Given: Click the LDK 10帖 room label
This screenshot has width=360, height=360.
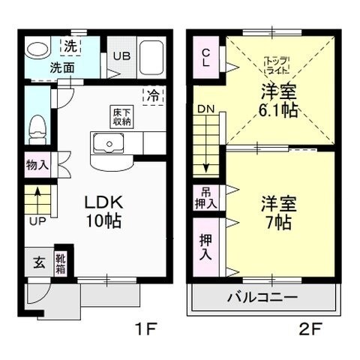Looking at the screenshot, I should pos(97,212).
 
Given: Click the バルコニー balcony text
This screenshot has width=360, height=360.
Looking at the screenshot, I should pos(262,297).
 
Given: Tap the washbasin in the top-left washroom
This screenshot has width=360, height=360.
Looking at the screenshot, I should pos(34,49).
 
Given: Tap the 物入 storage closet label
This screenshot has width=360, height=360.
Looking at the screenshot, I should pos(37,165).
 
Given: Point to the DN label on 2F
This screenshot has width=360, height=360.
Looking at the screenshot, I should pos(205,110).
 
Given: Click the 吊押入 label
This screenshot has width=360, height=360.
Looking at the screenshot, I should pos(206,198).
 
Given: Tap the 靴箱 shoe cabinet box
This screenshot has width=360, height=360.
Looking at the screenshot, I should pos(60,262).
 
